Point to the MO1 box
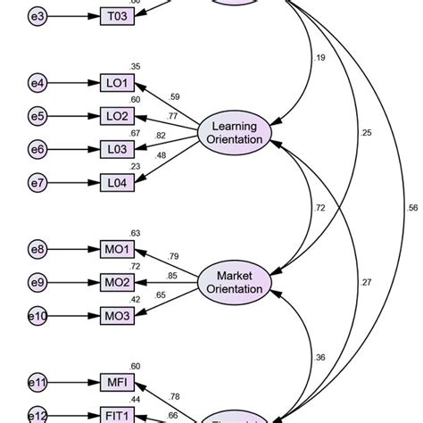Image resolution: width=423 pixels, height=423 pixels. pyautogui.click(x=118, y=251)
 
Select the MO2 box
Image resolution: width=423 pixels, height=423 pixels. pyautogui.click(x=118, y=283)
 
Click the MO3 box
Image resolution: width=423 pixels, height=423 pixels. pyautogui.click(x=118, y=315)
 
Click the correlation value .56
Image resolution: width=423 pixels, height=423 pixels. pyautogui.click(x=411, y=208)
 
